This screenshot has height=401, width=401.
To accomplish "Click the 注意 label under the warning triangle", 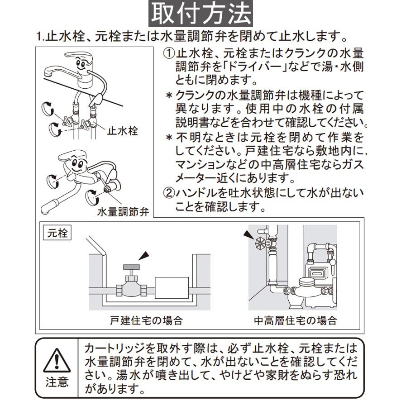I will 57,382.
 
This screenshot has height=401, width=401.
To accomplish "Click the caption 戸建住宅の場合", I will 146,321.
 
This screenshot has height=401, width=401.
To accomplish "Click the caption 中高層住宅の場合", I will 295,321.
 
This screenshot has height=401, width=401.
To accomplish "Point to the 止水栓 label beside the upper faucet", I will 122,131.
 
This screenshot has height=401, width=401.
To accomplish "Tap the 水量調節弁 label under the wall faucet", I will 123,211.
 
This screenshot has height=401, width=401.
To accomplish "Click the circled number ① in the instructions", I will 168,53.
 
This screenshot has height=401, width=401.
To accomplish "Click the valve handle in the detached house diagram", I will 132,268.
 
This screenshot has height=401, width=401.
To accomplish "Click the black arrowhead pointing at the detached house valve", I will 143,256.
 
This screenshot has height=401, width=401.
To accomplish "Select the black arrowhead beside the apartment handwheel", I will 248,234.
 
